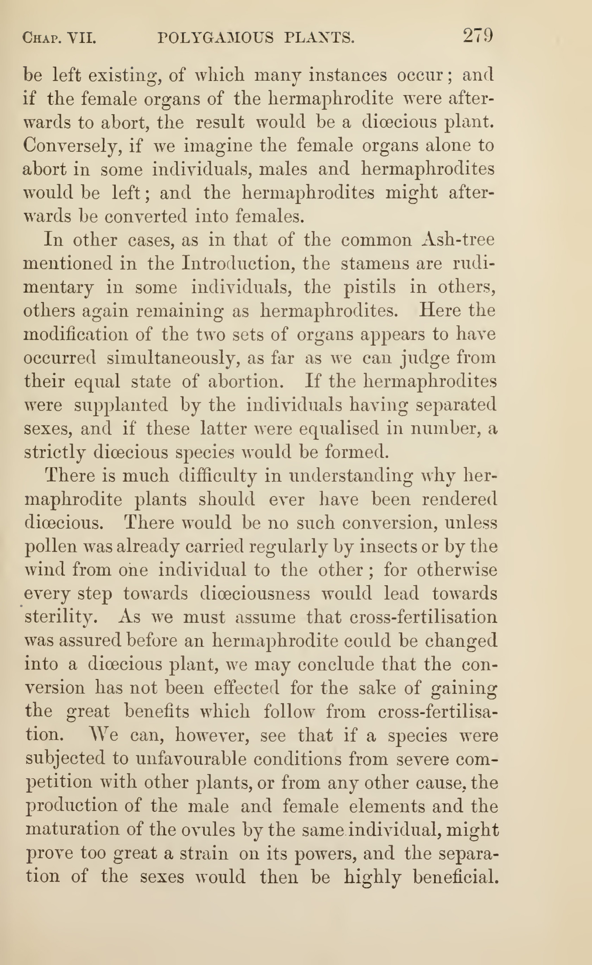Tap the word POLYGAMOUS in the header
[215, 38]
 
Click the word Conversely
[70, 146]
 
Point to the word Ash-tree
[459, 240]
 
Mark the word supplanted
[121, 405]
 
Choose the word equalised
[339, 428]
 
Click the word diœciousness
[255, 594]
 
